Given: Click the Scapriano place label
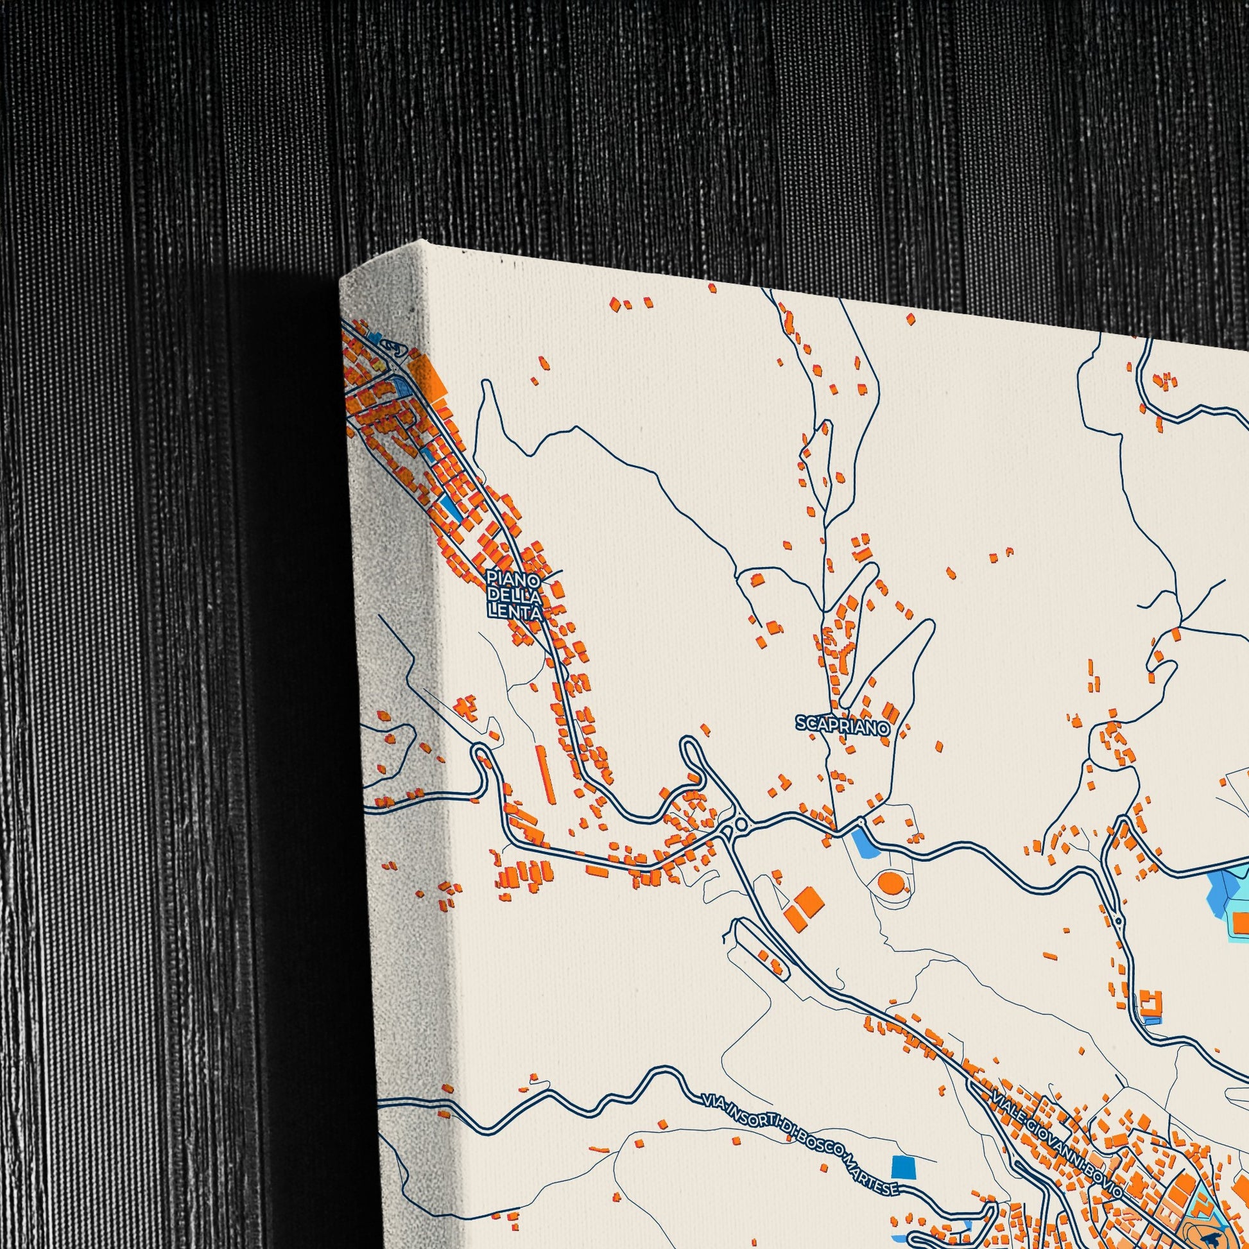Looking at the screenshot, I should click(842, 726).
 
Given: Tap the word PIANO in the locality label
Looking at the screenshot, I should click(513, 576).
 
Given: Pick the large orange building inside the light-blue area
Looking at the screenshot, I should click(1240, 922).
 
